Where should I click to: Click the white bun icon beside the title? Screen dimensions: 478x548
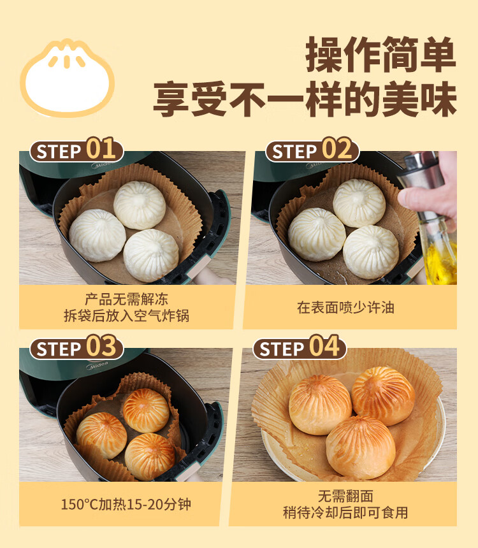pos(67,78)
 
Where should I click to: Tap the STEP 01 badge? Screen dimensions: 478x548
pos(76,150)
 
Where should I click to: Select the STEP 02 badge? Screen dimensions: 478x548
pos(312,150)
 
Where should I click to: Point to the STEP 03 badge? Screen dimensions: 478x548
pos(76,347)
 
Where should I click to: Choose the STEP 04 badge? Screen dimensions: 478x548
pos(300,347)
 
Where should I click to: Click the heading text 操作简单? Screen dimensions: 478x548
pos(380,55)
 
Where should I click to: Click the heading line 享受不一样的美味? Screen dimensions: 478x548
pos(305,99)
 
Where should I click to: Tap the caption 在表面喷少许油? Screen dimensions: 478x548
pos(345,308)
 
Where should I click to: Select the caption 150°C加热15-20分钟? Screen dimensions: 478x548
pos(126,504)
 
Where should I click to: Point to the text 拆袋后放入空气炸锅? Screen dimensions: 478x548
pos(126,315)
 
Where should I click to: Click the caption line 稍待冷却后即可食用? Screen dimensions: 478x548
pos(345,513)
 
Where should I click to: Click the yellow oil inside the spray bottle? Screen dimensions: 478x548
pos(440,261)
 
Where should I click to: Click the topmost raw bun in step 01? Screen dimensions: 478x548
pos(140,205)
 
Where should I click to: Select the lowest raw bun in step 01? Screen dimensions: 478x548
pos(150,255)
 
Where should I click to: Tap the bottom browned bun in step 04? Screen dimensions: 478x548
pos(361,447)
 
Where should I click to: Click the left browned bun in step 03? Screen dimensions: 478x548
pos(102,435)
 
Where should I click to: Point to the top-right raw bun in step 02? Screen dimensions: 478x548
pos(359,203)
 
